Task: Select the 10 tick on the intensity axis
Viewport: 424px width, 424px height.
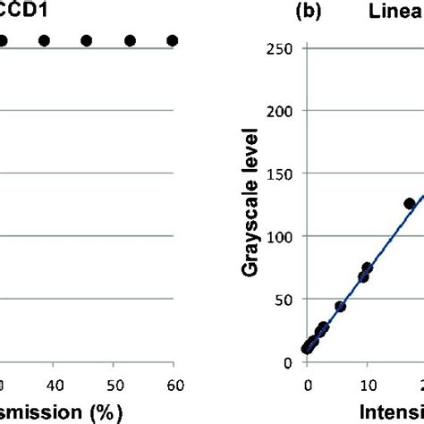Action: pos(367,385)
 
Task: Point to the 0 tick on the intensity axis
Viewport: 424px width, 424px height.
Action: pos(308,385)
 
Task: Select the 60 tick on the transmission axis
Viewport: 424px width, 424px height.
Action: pos(174,386)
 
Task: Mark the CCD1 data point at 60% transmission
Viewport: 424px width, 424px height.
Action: pos(172,40)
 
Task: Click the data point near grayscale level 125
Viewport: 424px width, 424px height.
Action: pos(410,204)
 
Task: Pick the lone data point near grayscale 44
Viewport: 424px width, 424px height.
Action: pos(340,306)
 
